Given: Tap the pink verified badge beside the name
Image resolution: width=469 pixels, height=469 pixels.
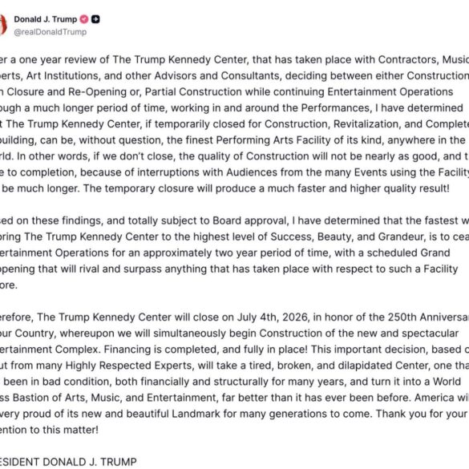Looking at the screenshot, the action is (x=83, y=18).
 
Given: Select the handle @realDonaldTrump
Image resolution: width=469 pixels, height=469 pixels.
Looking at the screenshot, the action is (x=51, y=32).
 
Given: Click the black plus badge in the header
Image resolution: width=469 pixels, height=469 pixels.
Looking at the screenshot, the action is (x=96, y=18).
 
